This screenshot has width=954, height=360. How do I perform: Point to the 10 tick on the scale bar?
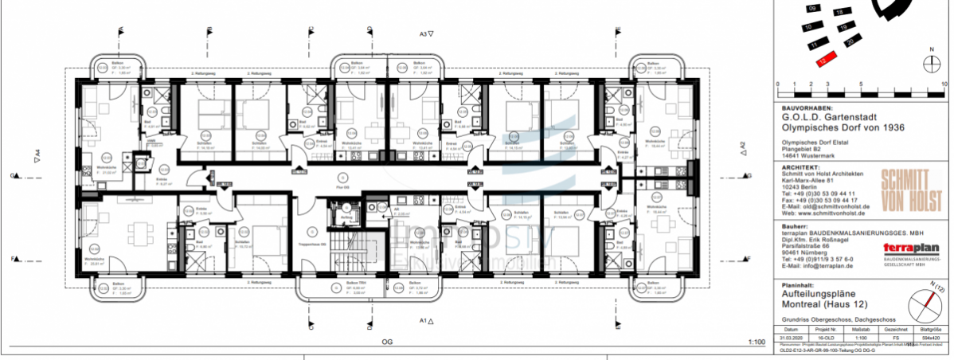tap(944, 84)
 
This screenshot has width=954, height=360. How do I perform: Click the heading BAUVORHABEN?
tap(807, 108)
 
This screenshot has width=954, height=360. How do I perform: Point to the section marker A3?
tap(425, 34)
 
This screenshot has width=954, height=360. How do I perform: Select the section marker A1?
tap(425, 323)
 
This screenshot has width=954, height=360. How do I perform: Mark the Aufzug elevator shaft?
tap(346, 214)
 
